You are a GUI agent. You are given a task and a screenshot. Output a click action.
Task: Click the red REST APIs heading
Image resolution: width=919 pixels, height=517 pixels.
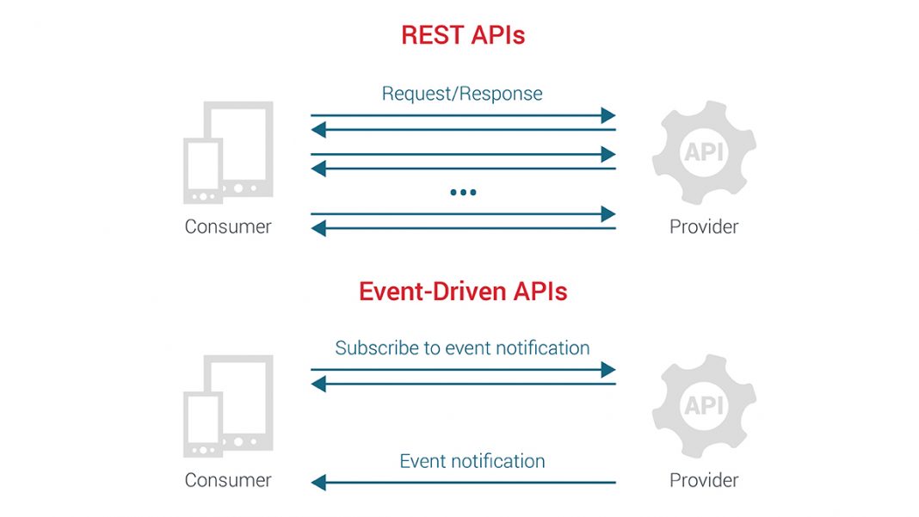click(x=463, y=35)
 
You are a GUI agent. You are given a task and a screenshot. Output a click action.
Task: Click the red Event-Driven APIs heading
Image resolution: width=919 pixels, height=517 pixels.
click(x=463, y=291)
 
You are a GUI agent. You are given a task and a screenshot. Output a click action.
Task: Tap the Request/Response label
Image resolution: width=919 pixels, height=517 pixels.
click(x=462, y=93)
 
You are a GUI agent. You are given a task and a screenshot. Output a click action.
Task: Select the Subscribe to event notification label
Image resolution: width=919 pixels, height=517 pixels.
click(x=462, y=348)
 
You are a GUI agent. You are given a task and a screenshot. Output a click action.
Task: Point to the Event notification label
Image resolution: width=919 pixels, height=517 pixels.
click(x=472, y=460)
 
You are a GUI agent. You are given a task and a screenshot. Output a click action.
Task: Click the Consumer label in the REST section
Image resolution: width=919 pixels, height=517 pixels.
click(x=228, y=227)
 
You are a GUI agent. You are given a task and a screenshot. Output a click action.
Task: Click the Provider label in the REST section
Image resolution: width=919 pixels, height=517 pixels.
click(x=704, y=227)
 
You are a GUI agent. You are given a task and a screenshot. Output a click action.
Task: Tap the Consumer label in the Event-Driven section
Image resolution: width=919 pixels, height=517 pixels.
click(x=228, y=480)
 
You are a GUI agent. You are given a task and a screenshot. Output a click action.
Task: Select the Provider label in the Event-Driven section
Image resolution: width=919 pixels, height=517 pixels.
click(x=704, y=480)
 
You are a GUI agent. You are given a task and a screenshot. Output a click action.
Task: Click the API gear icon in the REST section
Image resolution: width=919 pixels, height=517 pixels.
click(x=704, y=152)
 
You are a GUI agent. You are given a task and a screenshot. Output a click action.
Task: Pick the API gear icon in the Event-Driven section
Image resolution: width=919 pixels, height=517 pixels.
click(x=704, y=405)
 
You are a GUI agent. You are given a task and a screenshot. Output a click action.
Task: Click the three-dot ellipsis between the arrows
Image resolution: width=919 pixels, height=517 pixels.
click(x=463, y=192)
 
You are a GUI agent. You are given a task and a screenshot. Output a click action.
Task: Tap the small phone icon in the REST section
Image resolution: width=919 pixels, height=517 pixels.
click(x=203, y=171)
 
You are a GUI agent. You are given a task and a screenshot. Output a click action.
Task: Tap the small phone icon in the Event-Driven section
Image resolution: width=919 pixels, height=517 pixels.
click(x=203, y=424)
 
